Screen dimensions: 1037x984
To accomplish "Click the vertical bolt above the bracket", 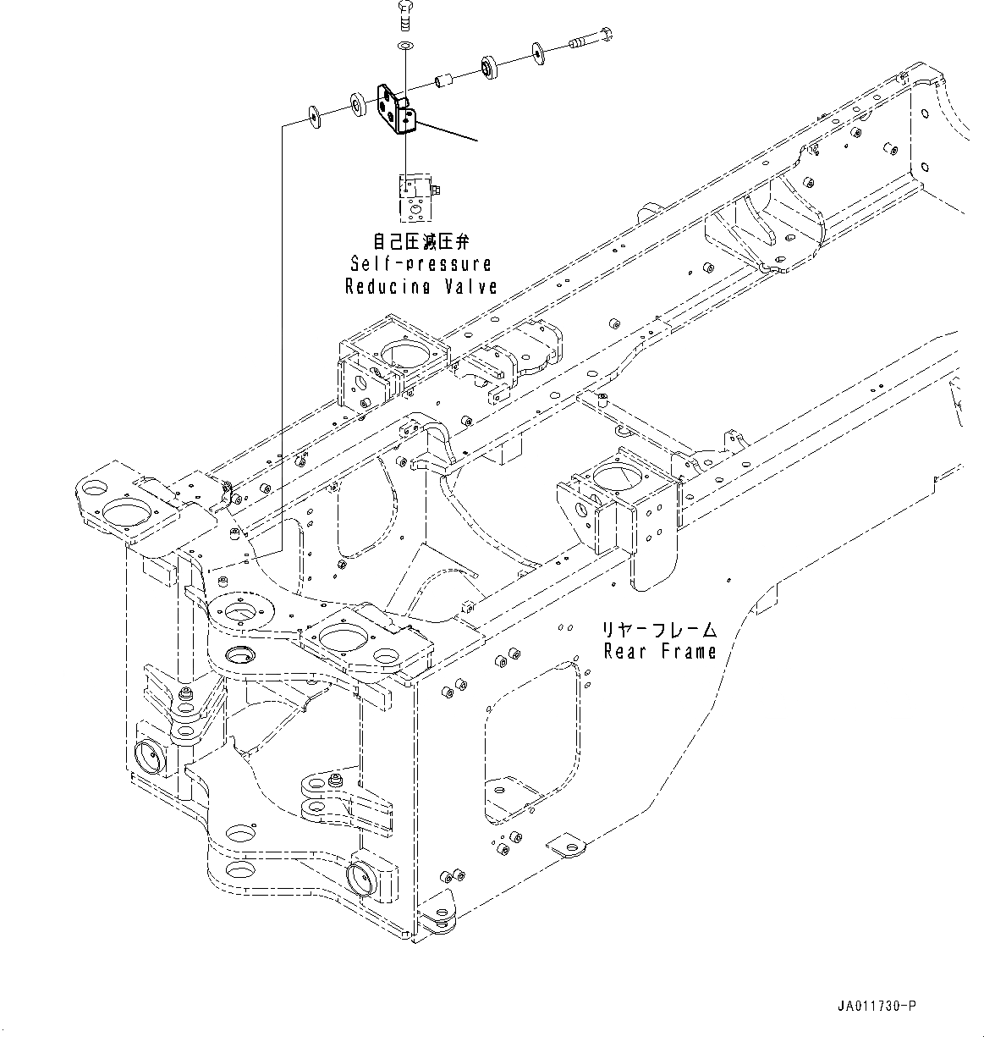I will point(404,16).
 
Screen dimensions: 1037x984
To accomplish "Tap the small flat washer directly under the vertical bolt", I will point(404,43).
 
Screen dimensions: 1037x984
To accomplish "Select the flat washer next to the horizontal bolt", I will point(538,53).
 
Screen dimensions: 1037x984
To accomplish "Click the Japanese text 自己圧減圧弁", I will point(420,242).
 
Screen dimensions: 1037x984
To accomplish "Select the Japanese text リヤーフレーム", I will point(658,630).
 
